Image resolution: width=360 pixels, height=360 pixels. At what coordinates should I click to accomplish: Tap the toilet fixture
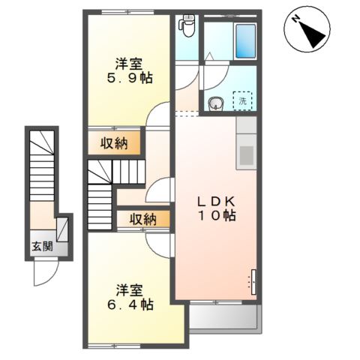click(x=187, y=26)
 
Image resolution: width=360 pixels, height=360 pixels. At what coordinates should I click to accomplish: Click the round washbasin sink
click(x=217, y=104)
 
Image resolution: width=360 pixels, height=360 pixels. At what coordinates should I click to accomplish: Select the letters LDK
click(x=217, y=200)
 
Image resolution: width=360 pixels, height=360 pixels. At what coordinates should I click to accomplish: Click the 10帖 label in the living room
click(x=217, y=216)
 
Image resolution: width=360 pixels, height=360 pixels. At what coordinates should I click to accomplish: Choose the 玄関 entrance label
click(x=42, y=247)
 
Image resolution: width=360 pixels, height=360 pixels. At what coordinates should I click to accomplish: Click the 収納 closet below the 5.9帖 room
click(x=115, y=142)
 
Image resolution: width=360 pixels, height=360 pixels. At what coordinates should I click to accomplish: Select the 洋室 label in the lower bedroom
click(x=129, y=289)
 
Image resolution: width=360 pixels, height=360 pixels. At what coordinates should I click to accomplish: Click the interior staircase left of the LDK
click(x=100, y=196)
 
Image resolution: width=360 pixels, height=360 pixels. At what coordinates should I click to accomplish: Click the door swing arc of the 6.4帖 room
click(x=159, y=244)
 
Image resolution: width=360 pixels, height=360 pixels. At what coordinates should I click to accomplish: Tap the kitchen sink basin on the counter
click(x=247, y=155)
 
